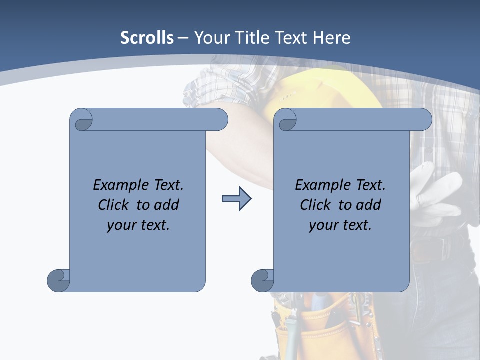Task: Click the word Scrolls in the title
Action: tap(147, 37)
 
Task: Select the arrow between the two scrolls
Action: tap(236, 199)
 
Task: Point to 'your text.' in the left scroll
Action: tap(138, 225)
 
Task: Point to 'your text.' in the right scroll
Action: tap(340, 225)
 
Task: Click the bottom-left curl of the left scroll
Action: tap(58, 280)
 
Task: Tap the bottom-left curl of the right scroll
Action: tap(262, 280)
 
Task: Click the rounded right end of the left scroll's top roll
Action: tap(220, 120)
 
